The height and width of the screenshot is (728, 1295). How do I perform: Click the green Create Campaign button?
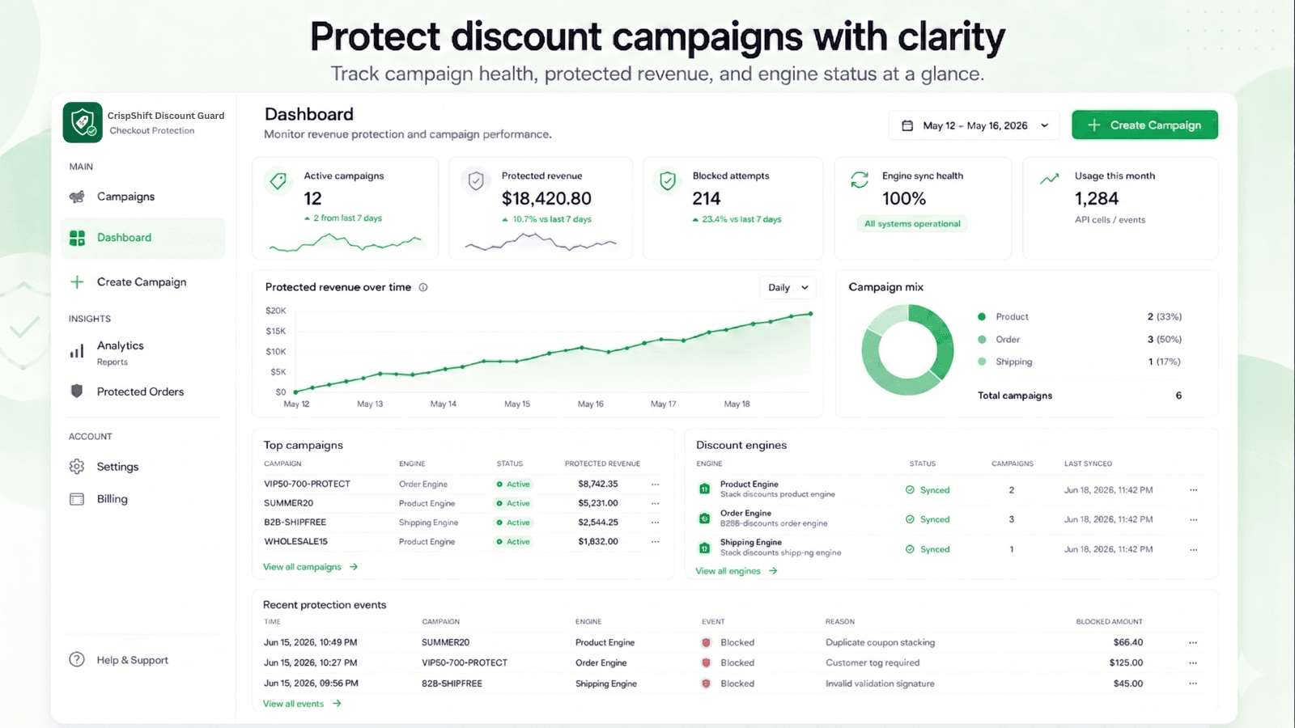point(1144,125)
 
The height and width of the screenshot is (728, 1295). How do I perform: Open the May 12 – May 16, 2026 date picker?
point(974,125)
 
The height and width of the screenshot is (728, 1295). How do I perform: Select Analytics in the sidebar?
point(121,345)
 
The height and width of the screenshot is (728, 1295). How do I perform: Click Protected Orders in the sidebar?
point(141,392)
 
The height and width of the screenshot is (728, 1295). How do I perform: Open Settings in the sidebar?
point(118,467)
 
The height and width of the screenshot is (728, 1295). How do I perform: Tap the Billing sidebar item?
point(113,499)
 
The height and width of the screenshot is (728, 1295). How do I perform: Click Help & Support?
point(133,660)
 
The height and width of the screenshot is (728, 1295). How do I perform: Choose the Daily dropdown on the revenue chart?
point(788,287)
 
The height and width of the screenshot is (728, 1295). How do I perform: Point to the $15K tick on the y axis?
point(276,331)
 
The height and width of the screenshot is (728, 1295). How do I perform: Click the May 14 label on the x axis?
point(444,404)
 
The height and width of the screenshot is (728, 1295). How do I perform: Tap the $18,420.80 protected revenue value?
point(546,199)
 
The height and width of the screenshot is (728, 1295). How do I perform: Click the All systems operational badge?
point(912,223)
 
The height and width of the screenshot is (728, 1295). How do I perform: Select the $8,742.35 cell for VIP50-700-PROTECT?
point(598,485)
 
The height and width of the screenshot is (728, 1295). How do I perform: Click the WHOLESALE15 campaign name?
point(296,541)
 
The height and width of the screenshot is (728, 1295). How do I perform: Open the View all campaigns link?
point(311,567)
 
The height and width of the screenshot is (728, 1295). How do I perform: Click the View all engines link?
point(737,571)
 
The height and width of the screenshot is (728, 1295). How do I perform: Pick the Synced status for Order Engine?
point(928,519)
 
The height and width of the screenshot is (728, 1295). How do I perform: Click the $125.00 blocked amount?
point(1126,662)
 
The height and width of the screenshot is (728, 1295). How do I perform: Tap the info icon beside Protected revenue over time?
point(423,287)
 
